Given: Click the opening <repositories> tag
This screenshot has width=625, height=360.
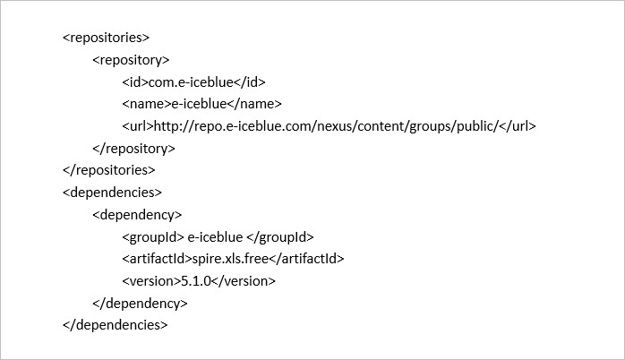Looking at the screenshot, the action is coord(106,38).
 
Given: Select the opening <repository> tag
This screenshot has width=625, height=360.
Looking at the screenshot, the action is coord(131,60).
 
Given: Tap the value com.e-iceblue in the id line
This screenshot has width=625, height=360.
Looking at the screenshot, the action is coord(191,82).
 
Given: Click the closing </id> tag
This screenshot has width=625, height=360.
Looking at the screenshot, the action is coord(250,82).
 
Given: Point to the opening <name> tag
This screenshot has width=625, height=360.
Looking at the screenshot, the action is coord(147,104).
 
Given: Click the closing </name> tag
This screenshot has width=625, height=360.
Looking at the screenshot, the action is coord(254,104).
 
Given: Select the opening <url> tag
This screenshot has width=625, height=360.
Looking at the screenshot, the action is coord(138,126).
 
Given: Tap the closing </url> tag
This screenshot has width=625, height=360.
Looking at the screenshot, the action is coord(518,126).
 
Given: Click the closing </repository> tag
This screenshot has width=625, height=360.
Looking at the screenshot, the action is coord(134,149).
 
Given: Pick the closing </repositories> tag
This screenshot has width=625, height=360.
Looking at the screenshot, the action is coord(109,170).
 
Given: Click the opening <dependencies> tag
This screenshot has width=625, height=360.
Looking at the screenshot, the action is coord(113,193).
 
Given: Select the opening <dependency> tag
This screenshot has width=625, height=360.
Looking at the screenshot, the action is coord(137,215).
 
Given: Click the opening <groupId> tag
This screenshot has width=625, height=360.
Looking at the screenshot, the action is coord(153,237).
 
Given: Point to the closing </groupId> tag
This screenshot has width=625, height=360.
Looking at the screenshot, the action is coord(280,237).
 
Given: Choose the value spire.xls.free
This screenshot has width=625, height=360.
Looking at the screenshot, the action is coord(230,259).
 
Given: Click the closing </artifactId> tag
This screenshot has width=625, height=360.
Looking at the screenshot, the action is coord(306,259).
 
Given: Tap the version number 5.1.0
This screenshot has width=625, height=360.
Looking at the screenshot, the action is coord(196,281).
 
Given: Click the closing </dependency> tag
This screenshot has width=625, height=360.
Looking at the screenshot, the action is coord(140,304).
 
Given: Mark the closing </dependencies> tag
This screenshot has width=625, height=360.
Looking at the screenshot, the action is coord(116,325).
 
